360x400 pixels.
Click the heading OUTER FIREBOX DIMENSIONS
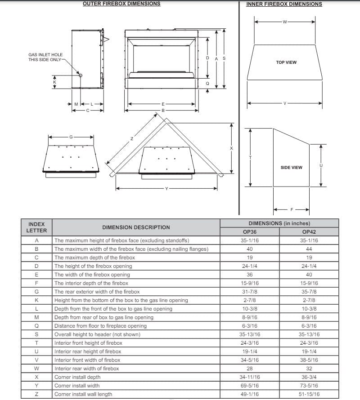[121, 4]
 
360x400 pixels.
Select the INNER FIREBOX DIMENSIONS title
[284, 4]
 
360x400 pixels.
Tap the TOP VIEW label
[286, 62]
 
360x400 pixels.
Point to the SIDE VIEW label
[291, 168]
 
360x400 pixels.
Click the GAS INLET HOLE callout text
[45, 57]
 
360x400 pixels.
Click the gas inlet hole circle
[81, 75]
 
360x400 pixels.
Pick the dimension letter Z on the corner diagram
[132, 138]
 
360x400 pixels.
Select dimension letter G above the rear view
[71, 137]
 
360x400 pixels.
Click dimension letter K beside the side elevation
[54, 82]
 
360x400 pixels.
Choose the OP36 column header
[250, 232]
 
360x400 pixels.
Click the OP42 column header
[309, 232]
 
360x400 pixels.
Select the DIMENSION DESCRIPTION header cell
[136, 227]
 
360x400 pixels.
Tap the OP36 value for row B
[250, 249]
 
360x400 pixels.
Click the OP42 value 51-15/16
[309, 394]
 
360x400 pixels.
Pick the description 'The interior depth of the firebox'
[91, 283]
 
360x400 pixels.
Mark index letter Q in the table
[36, 326]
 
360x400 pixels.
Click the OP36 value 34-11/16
[250, 377]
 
